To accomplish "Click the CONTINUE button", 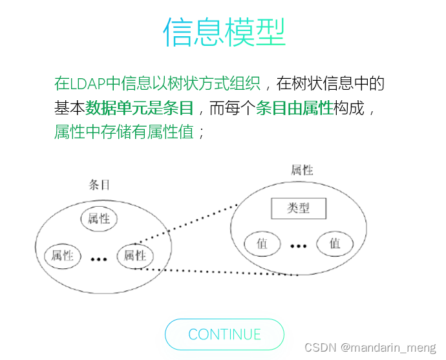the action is coord(224,334).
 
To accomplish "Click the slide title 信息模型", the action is coord(224,32).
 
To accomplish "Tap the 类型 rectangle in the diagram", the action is coord(298,208).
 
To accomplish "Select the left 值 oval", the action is coord(262,244).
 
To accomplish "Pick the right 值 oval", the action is coord(335,244).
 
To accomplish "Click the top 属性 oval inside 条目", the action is coord(99,218).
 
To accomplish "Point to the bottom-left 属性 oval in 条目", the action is coord(62,255).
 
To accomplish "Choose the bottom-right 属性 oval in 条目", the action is coord(135,255).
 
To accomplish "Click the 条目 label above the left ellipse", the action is coord(98,185).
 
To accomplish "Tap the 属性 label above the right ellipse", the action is coord(302,170).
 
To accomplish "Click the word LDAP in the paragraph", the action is coord(88,83).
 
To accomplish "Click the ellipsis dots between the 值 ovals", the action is coord(298,246).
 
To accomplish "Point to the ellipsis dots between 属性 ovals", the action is coord(99,259).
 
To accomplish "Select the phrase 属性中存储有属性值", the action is coord(124,132).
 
